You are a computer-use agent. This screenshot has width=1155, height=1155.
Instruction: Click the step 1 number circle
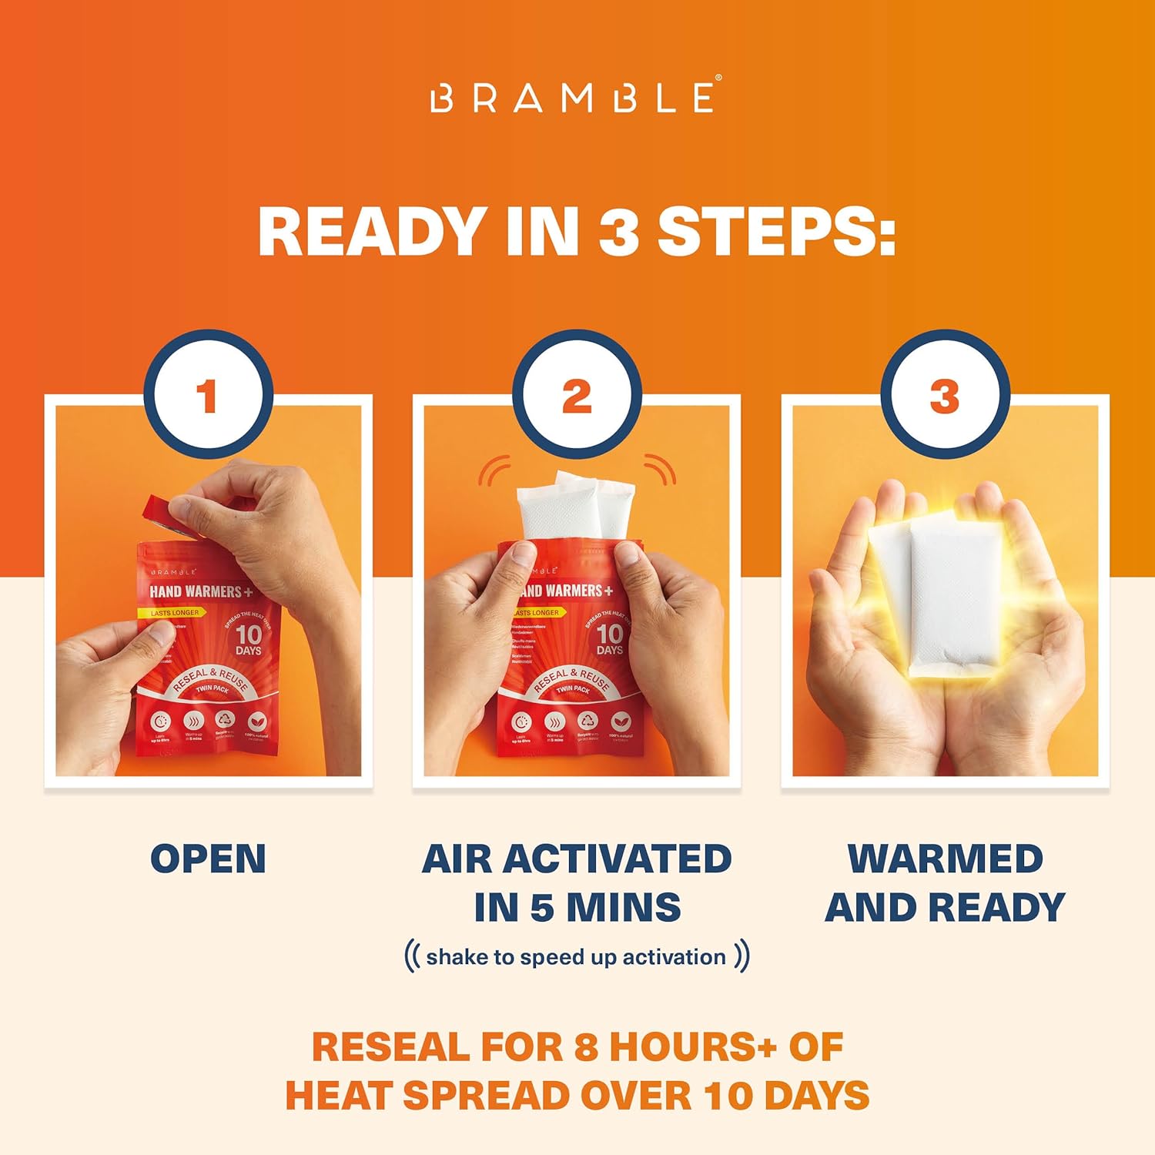207,397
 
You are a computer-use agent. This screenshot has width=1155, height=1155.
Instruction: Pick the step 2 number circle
577,397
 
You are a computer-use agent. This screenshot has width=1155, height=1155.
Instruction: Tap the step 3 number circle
945,397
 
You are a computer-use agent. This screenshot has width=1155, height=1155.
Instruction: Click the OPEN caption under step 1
208,859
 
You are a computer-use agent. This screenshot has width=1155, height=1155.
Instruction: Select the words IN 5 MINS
577,907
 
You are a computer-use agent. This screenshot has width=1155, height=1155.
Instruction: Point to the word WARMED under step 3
945,859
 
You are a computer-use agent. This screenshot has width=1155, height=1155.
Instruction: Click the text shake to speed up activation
576,957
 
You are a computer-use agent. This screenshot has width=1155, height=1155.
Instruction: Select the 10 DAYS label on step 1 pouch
248,640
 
